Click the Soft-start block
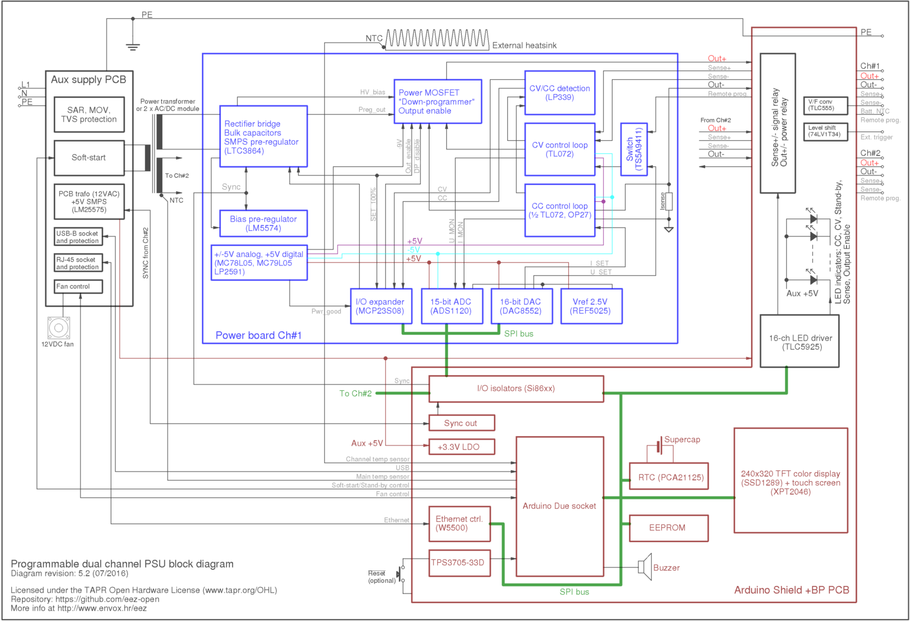click(x=89, y=158)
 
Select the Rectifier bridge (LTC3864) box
click(x=263, y=137)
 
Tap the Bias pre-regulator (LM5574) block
click(x=263, y=223)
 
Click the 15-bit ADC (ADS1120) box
click(x=451, y=306)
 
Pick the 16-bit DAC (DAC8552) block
click(x=521, y=306)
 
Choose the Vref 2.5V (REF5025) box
click(x=591, y=306)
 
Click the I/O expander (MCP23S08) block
click(x=380, y=306)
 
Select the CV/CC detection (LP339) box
click(x=559, y=93)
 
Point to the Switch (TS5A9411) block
click(x=633, y=149)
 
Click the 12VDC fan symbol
click(x=59, y=328)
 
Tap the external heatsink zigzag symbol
click(x=437, y=39)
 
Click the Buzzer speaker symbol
click(x=645, y=567)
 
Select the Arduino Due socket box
click(x=559, y=506)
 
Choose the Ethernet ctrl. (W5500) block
click(x=459, y=524)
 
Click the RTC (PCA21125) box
click(x=668, y=477)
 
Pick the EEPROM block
click(x=668, y=528)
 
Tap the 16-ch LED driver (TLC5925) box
click(x=800, y=342)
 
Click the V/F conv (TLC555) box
click(x=825, y=105)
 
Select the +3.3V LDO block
click(x=461, y=447)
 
